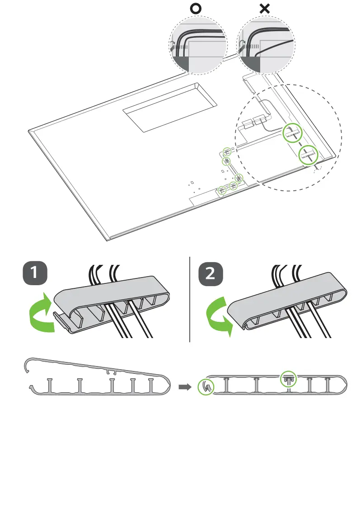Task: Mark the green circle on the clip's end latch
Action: click(x=206, y=387)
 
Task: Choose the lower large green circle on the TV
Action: click(x=309, y=155)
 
